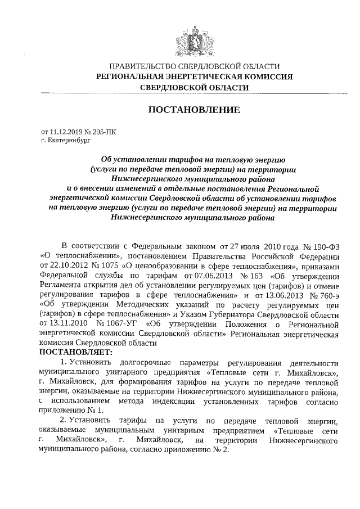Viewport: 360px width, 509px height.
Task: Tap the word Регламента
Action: tap(64, 286)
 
